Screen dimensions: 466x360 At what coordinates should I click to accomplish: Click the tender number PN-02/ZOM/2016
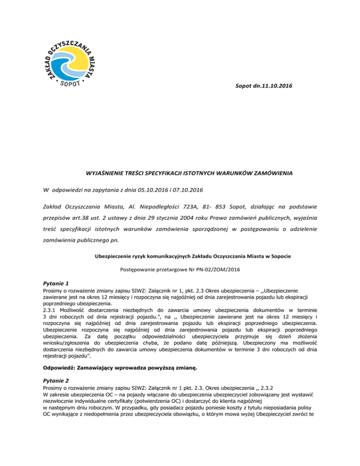click(220, 272)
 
